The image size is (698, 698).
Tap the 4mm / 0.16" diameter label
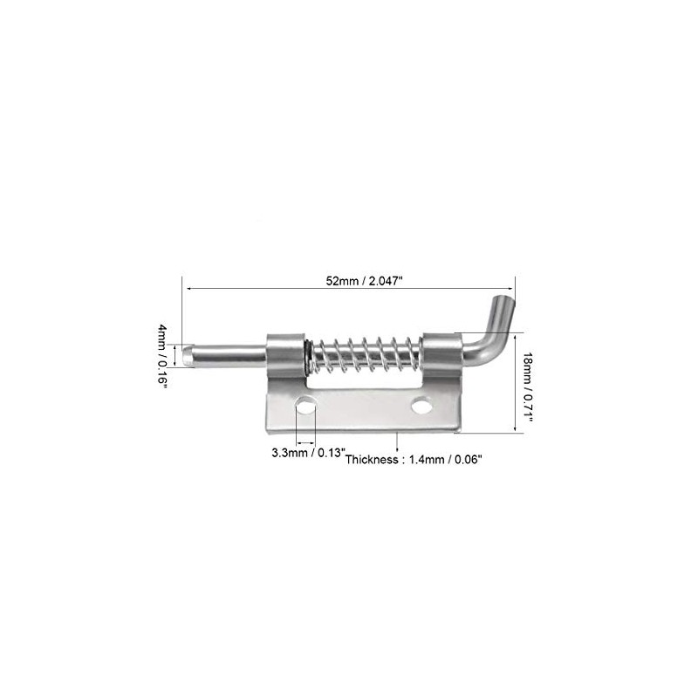(163, 357)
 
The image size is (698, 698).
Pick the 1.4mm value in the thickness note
(427, 460)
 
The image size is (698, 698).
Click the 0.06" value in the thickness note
(469, 460)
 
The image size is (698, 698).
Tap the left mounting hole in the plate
(305, 404)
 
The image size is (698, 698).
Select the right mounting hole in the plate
(421, 407)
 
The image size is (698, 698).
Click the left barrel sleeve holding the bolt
(285, 354)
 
